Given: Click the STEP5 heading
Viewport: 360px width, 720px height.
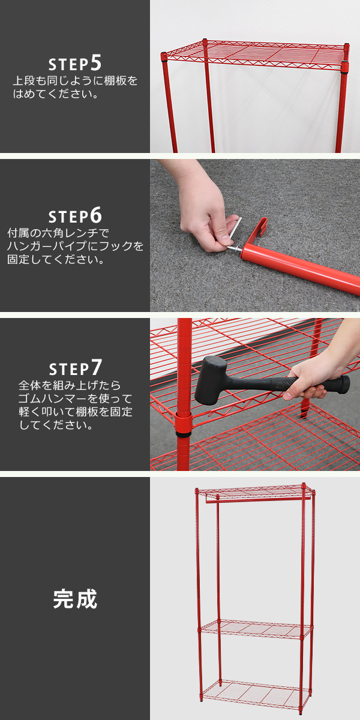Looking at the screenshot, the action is pos(75,63).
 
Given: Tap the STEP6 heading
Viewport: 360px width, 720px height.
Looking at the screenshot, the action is pos(75,215).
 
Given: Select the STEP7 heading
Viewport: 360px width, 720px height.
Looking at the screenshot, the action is pos(75,368).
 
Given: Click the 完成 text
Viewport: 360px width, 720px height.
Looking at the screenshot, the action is pos(75,599).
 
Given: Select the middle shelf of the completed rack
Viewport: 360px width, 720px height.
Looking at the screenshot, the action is pos(256,628).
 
